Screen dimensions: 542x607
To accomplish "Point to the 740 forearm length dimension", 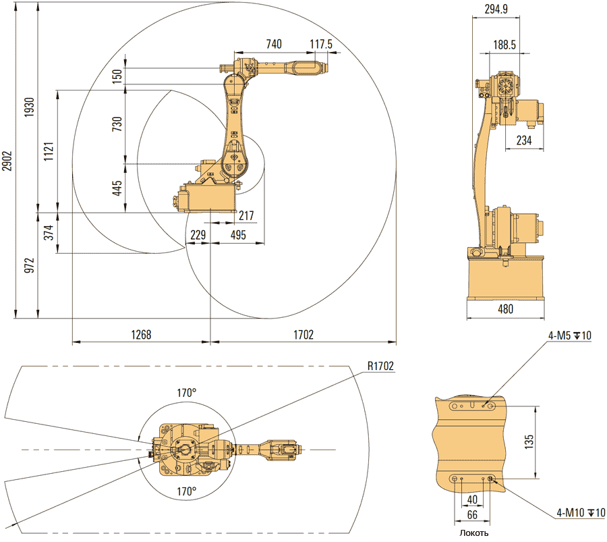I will pos(273,44).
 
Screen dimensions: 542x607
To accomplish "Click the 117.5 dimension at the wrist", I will pos(322,44).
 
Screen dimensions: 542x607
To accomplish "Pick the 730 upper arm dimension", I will pos(117,125).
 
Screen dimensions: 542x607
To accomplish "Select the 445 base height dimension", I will pos(117,188).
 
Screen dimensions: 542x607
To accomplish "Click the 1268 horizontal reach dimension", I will pos(141,334).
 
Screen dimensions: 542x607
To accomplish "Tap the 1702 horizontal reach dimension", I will pos(303,334).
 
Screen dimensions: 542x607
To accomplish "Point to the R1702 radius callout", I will pos(381,366).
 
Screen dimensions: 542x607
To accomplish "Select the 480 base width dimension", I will pos(505,310).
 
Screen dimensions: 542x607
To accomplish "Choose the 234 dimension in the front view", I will pos(523,140).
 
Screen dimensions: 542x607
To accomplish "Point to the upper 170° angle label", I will pos(187,392).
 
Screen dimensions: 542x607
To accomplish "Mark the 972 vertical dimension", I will pos(29,265).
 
